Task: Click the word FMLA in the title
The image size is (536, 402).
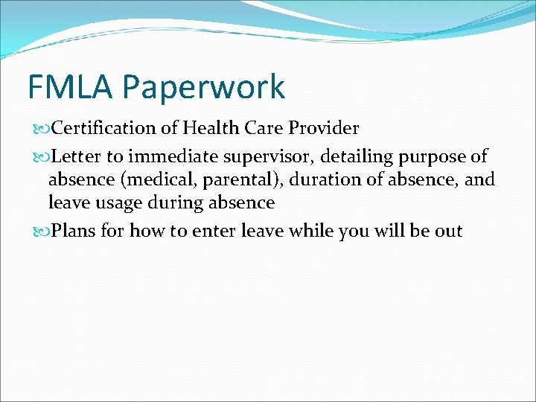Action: [x=71, y=86]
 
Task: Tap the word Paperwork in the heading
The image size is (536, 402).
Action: [x=204, y=88]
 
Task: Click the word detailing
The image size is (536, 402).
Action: [x=356, y=157]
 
